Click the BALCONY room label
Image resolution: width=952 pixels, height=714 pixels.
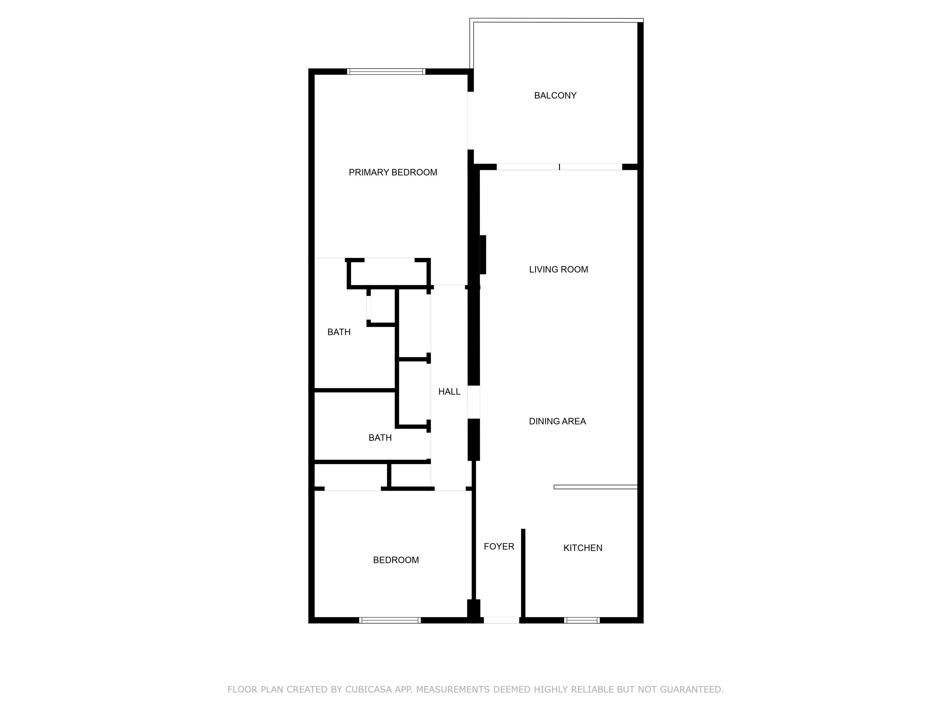(x=555, y=96)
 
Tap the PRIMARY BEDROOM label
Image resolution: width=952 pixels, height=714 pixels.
(x=393, y=173)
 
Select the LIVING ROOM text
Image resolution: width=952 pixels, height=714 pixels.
(x=558, y=269)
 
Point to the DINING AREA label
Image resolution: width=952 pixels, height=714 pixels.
(x=557, y=421)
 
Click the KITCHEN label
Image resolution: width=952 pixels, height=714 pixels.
(x=583, y=548)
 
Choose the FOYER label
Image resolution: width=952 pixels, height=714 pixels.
(x=499, y=546)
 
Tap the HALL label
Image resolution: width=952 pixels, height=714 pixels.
(x=449, y=392)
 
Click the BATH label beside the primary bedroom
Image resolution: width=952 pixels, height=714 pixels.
(x=339, y=332)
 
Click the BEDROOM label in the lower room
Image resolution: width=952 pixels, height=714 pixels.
(x=395, y=560)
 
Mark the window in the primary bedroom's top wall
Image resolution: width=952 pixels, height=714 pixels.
(x=386, y=71)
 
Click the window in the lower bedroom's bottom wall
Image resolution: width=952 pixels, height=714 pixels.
(x=390, y=620)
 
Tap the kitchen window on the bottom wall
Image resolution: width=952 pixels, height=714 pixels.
(x=581, y=620)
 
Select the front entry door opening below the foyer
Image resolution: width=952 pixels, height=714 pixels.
(x=501, y=620)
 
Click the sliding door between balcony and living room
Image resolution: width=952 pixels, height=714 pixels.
(x=559, y=167)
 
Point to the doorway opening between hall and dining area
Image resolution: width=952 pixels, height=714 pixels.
(x=473, y=402)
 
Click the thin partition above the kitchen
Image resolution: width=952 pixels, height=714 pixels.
(x=595, y=487)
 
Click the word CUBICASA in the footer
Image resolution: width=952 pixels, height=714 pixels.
(x=368, y=690)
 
